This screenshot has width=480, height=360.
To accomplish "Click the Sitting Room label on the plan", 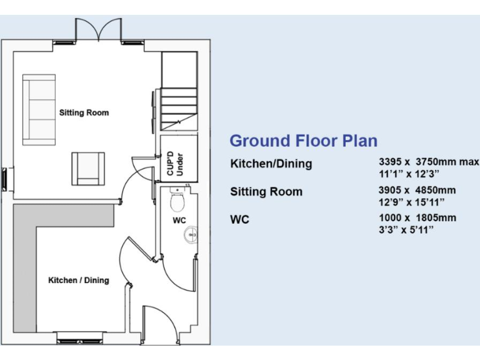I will click(84, 113).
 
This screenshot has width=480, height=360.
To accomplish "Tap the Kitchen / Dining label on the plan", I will click(78, 280).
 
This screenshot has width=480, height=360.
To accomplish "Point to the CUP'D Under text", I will click(175, 162).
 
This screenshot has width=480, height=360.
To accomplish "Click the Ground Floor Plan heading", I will click(303, 141).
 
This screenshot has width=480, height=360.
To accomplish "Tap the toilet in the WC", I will click(177, 201).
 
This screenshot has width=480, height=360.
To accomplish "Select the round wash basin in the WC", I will click(191, 235).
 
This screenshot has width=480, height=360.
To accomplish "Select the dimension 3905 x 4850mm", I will click(417, 190).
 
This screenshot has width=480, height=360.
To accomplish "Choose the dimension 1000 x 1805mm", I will click(417, 217).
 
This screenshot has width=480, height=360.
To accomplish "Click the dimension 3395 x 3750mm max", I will click(428, 162).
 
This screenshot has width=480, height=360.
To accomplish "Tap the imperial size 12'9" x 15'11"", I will click(411, 202).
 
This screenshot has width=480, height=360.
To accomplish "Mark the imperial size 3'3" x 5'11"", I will click(406, 229).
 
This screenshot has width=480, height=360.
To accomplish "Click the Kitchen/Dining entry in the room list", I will click(271, 164).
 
